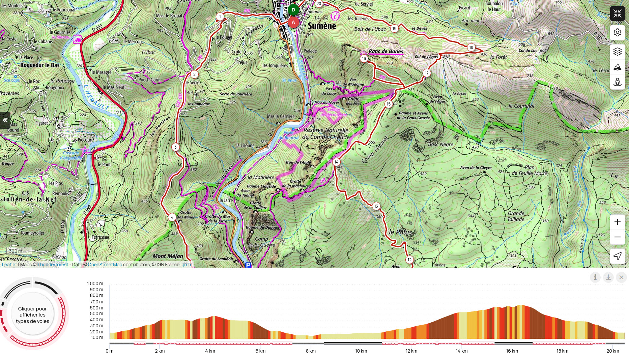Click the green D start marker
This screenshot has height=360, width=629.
pos(293,10)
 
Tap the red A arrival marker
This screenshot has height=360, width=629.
pos(293,22)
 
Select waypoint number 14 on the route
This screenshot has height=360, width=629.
pos(336,162)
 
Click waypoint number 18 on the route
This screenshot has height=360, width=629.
pos(471,48)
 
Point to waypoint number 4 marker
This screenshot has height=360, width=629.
pos(172,217)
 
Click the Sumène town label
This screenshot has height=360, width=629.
pos(322,26)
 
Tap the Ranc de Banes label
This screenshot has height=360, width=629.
pos(386,52)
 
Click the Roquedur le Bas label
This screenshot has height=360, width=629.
pos(40,65)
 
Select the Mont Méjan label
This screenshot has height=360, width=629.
pos(168,256)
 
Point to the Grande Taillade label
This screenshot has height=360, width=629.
pos(516,216)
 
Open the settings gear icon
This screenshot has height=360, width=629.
pos(617,32)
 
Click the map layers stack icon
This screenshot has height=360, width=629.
pos(617,52)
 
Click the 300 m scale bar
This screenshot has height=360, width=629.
pos(20,251)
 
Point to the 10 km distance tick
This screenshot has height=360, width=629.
pos(361,351)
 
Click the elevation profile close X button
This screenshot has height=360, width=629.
pos(621,277)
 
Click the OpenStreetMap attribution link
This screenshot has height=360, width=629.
pos(105,265)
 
